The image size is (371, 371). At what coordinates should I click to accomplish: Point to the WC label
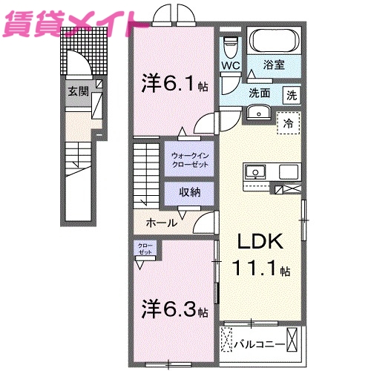(x=231, y=65)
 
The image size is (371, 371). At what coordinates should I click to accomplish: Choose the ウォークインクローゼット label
(x=190, y=159)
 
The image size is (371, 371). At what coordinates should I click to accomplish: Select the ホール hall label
(x=162, y=223)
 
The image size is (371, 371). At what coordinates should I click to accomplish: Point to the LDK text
(x=260, y=243)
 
